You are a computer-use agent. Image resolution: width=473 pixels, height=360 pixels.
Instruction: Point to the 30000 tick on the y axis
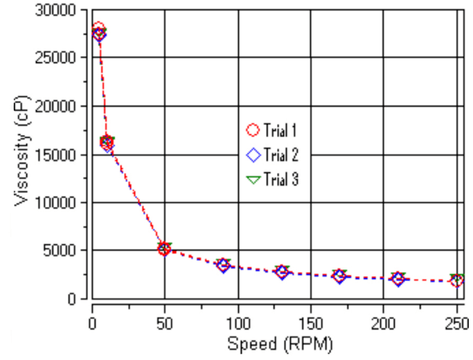(x=61, y=10)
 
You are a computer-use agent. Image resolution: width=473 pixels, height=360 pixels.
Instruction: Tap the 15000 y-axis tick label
(x=61, y=154)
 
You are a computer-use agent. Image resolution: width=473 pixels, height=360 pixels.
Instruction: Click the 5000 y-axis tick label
(x=65, y=251)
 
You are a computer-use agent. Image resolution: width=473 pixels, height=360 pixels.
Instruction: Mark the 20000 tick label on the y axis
(x=61, y=106)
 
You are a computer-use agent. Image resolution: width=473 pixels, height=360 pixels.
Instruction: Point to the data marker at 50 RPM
(x=164, y=249)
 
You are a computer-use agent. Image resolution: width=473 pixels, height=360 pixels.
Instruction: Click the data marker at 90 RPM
(x=223, y=264)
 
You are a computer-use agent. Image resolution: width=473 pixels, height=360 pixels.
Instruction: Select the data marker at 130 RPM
(x=281, y=271)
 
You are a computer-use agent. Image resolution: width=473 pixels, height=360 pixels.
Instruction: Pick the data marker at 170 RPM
(x=339, y=276)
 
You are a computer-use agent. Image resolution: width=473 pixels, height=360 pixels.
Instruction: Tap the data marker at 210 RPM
(x=398, y=278)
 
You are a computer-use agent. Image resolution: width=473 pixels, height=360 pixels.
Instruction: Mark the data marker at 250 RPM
(x=456, y=280)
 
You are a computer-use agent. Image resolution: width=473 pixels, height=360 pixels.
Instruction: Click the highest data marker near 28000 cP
(x=98, y=30)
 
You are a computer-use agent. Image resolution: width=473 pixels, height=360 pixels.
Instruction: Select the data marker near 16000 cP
(x=107, y=143)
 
